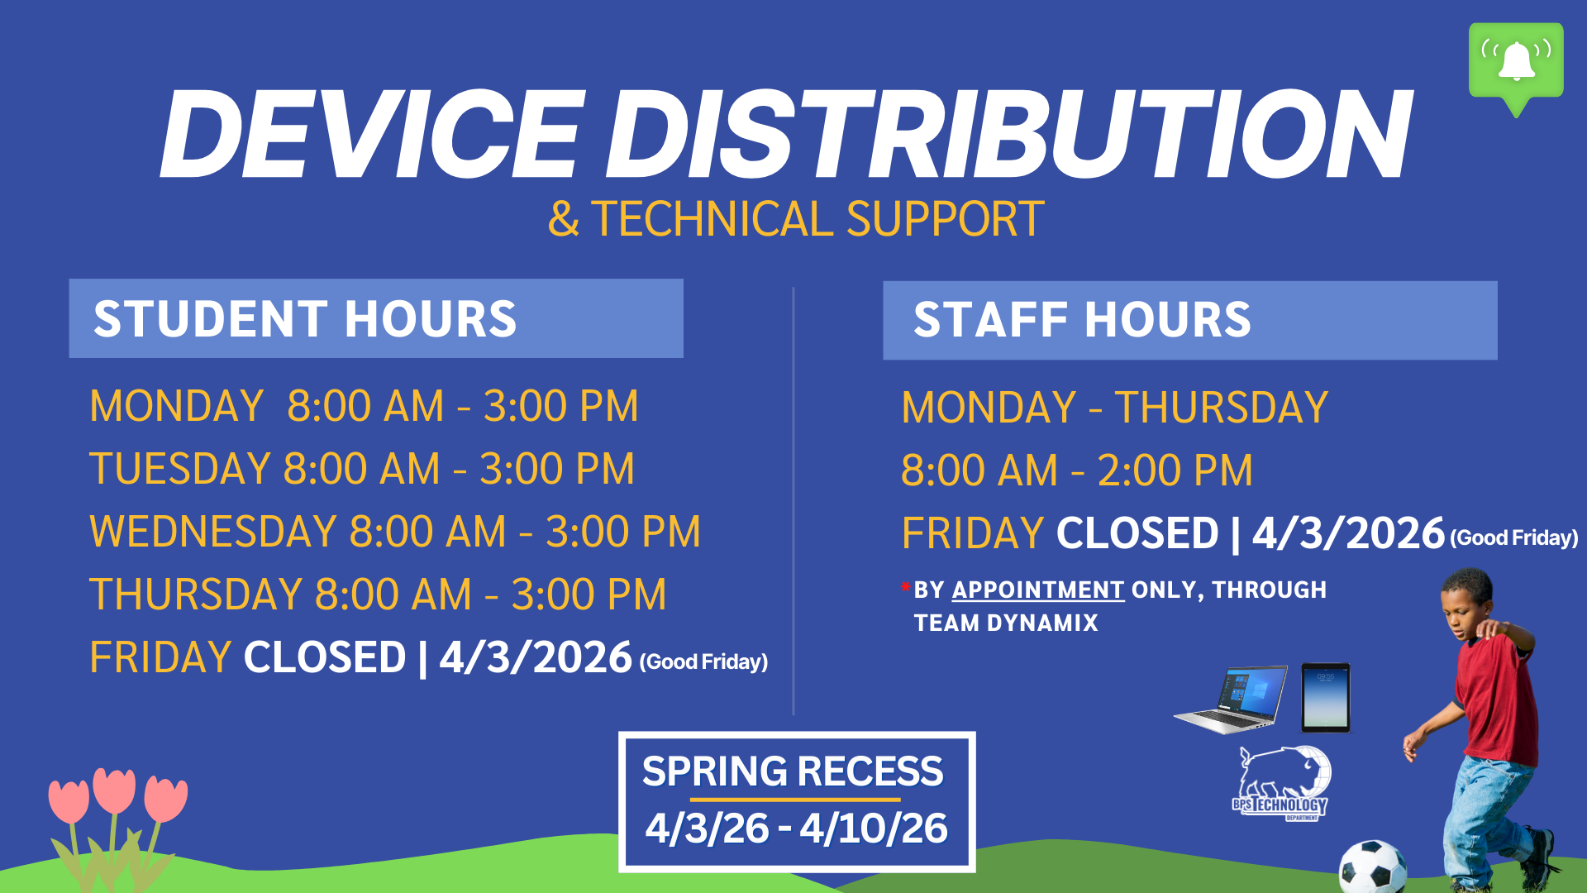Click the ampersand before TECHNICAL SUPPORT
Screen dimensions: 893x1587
(x=563, y=219)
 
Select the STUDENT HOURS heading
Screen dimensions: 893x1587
(x=304, y=319)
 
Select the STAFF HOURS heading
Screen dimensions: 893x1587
(x=1081, y=320)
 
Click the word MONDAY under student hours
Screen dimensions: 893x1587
(x=176, y=407)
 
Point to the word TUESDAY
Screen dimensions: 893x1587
(x=179, y=469)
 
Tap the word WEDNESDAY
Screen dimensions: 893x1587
(x=212, y=532)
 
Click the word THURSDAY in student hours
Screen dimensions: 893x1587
(x=196, y=595)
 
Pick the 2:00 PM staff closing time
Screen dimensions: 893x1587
(x=1175, y=470)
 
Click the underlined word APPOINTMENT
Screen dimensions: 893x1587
(x=1037, y=590)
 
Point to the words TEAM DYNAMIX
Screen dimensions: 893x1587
(x=1005, y=623)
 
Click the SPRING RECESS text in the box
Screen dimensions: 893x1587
(x=792, y=771)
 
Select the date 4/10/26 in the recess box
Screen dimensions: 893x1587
(x=873, y=829)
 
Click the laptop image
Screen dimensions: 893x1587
(x=1232, y=700)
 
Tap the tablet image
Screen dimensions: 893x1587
(x=1325, y=697)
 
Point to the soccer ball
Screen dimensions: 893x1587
(x=1371, y=867)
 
